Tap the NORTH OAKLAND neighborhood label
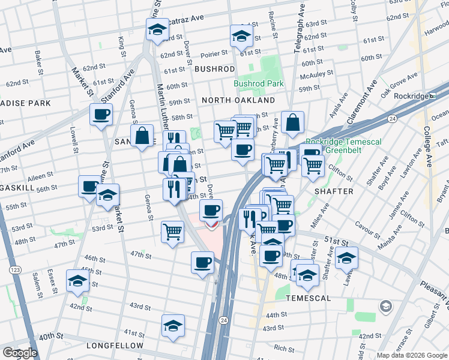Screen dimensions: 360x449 (x=238, y=100)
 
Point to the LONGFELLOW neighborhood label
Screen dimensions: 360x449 (x=115, y=346)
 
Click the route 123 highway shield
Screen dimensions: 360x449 (x=14, y=271)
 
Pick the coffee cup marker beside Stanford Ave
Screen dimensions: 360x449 (x=101, y=113)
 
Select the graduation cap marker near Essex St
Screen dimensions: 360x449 (x=77, y=281)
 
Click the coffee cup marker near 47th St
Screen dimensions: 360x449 (x=202, y=262)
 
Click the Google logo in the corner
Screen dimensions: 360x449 (x=20, y=352)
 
